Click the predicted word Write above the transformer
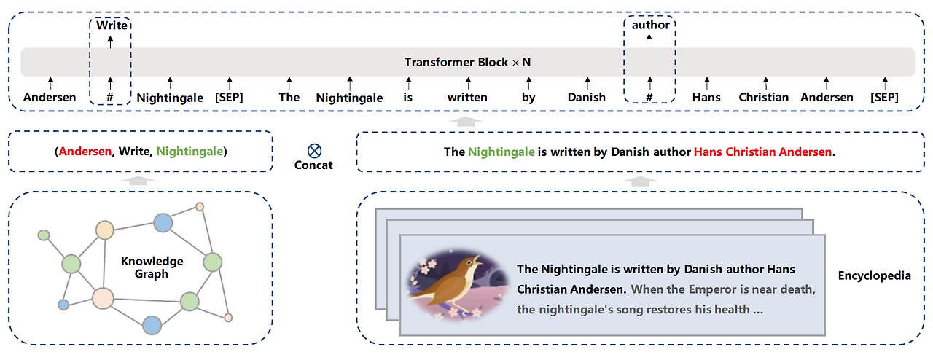coord(112,26)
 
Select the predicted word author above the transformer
coord(651,25)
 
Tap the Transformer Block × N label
coord(467,62)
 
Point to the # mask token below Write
coord(110,97)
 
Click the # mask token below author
coord(649,97)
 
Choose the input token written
coord(467,97)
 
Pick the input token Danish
coord(587,97)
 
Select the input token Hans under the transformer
coord(706,97)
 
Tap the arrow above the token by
coord(528,83)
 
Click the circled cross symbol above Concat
coord(314,150)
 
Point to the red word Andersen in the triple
coord(85,152)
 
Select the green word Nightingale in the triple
coord(190,152)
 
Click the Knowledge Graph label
coord(152,267)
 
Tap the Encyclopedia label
coord(874,275)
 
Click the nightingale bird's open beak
coord(477,260)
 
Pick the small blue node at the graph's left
coord(63,305)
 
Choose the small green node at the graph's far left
coord(44,235)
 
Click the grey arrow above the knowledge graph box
coord(138,181)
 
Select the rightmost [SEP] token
coord(884,97)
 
